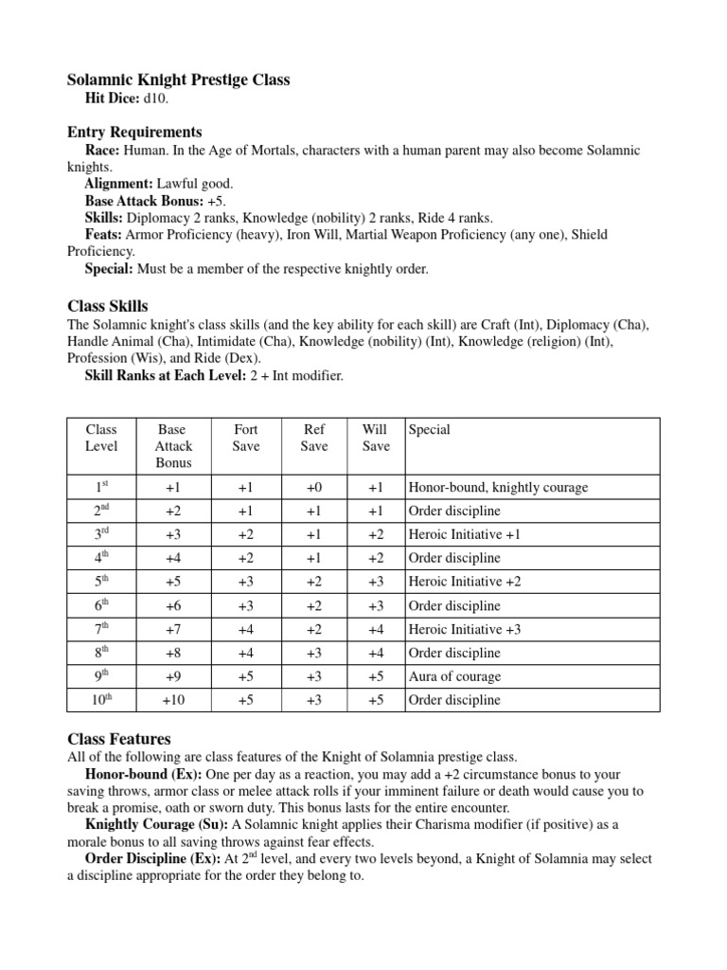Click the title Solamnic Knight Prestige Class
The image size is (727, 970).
click(178, 81)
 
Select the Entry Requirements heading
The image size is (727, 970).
click(133, 132)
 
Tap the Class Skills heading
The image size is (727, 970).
click(107, 306)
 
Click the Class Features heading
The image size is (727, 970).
click(118, 738)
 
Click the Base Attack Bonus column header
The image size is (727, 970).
click(173, 446)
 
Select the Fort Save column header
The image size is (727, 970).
click(246, 438)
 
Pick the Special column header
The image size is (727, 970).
click(429, 429)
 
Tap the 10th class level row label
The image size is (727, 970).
click(101, 700)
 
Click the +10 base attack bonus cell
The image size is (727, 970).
click(173, 700)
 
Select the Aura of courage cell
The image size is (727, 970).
click(454, 676)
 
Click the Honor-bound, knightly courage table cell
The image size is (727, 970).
click(498, 487)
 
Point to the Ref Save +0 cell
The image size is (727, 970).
click(314, 487)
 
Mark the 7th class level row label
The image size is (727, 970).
click(101, 629)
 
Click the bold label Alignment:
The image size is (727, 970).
click(118, 183)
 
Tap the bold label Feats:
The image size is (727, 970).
click(103, 234)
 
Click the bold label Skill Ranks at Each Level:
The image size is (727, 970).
click(166, 376)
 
